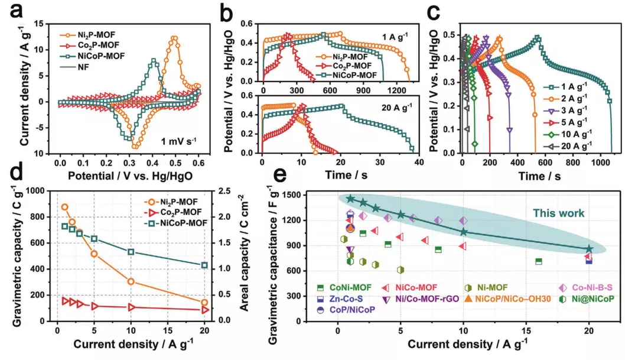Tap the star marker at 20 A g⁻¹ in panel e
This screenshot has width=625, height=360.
click(589, 249)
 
